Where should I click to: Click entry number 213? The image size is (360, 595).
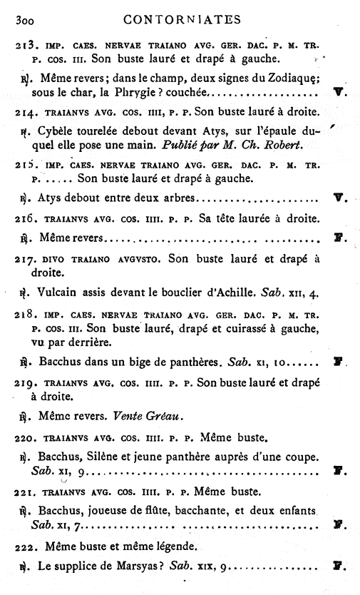click(x=26, y=44)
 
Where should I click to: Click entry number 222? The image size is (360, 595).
click(x=26, y=549)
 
